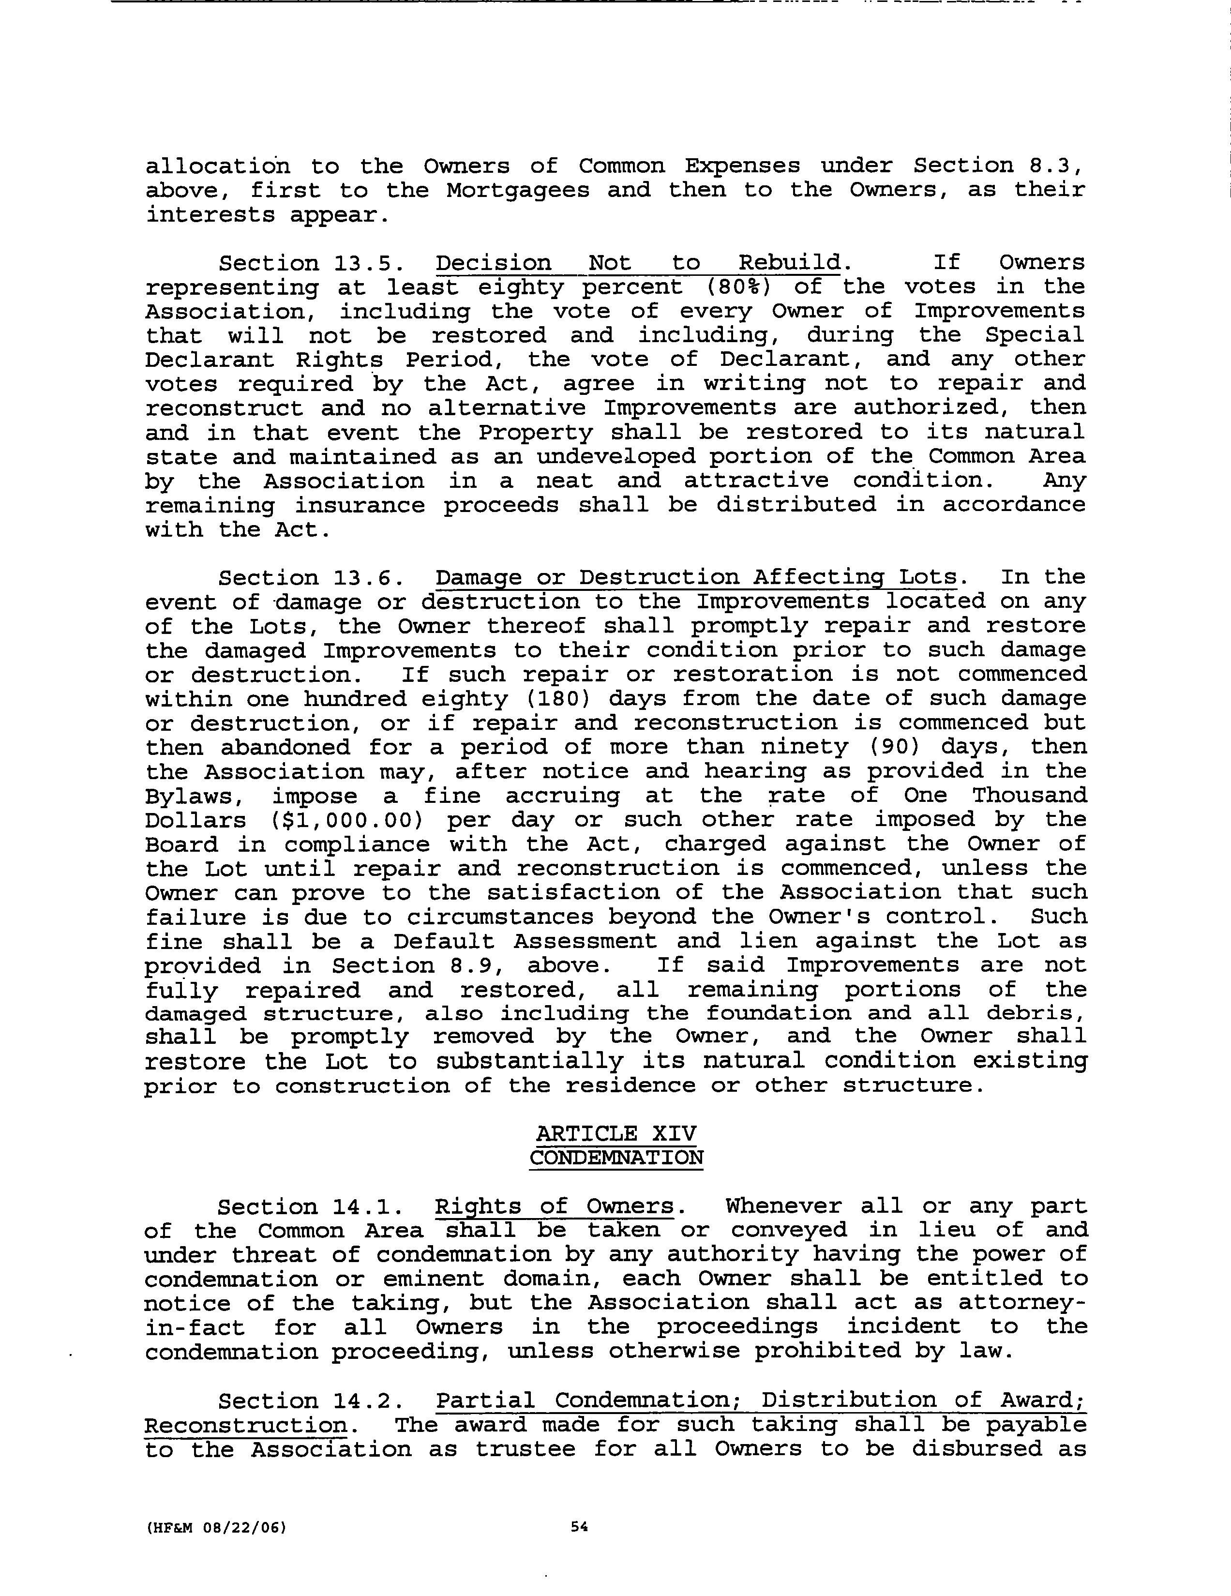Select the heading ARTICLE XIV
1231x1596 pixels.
(616, 1133)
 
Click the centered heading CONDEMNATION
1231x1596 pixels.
(616, 1158)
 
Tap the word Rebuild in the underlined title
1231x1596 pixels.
(790, 263)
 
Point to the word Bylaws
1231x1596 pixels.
(187, 796)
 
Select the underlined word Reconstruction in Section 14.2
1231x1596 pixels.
(245, 1425)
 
